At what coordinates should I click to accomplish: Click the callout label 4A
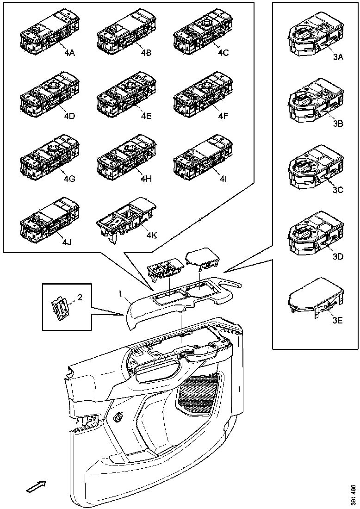[69, 53]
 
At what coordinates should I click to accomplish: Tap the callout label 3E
[337, 320]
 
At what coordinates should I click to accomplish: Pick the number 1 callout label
[120, 294]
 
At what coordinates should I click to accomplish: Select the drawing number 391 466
[353, 495]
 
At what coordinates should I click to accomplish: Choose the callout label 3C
[337, 190]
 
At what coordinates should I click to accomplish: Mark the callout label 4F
[223, 116]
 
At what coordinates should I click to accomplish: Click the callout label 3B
[337, 124]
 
